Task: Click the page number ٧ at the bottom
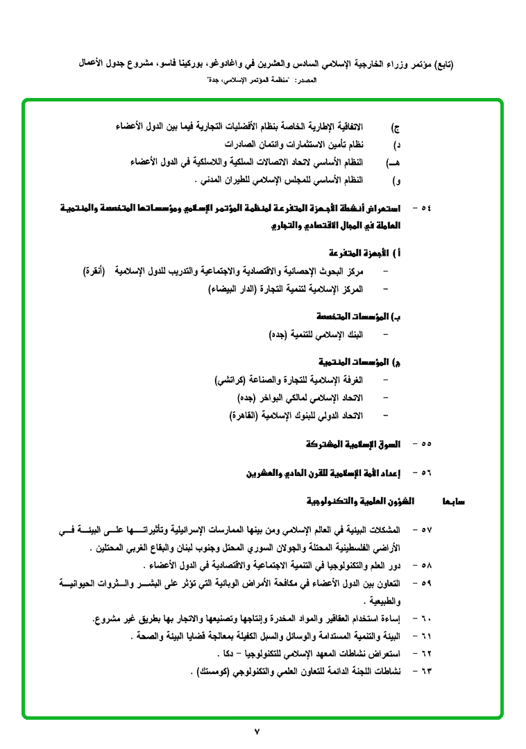click(256, 731)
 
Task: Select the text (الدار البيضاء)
click(235, 288)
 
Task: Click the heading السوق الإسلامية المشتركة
click(353, 443)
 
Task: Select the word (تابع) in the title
click(440, 63)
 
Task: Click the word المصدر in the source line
click(306, 81)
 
